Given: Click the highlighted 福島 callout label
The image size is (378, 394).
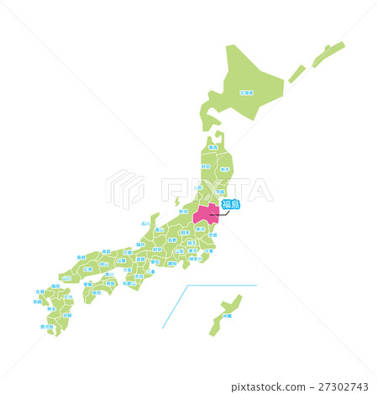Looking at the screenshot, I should point(230,204).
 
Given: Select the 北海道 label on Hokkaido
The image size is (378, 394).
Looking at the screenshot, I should point(246,92).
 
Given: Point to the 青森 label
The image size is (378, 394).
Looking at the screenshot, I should point(213,147).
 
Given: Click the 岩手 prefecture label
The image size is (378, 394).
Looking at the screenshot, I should point(224,168).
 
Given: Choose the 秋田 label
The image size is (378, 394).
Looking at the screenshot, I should point(206,166).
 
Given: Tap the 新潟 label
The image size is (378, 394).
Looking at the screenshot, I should point(184,212).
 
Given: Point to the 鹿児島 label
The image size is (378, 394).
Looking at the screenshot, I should point(47,326).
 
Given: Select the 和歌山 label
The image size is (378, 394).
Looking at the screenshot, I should point(129,283).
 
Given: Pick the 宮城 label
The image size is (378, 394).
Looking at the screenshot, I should point(221,192).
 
